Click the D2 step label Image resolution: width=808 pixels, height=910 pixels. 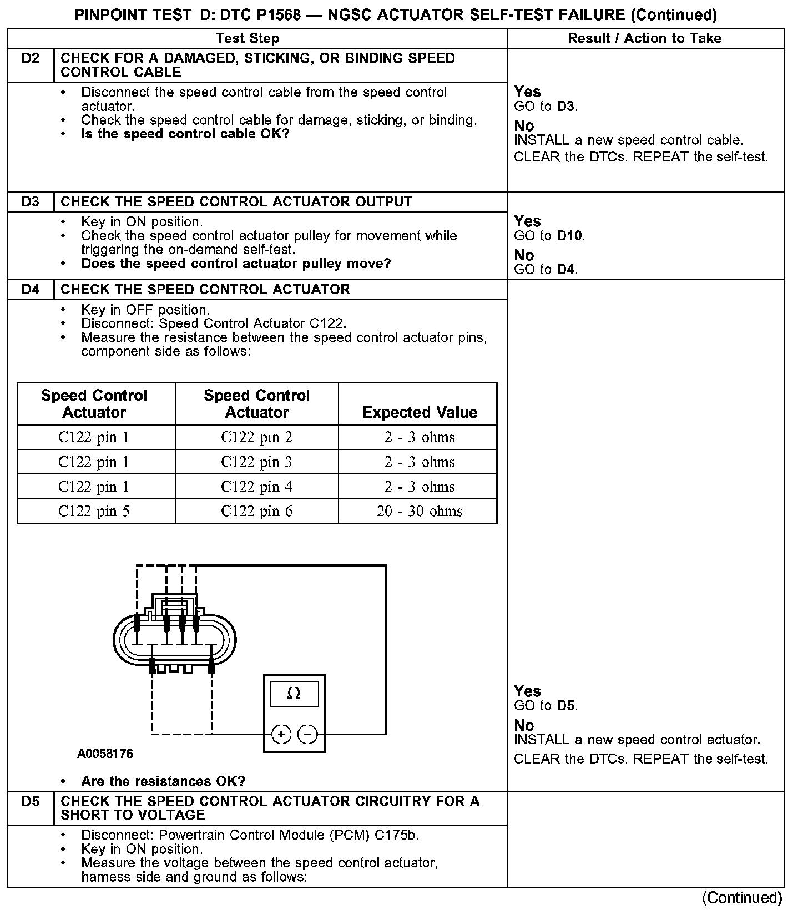[x=31, y=58]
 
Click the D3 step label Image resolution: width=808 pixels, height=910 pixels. [x=31, y=202]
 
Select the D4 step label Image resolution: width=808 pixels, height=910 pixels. [x=31, y=290]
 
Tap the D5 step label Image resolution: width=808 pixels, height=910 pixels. [x=31, y=801]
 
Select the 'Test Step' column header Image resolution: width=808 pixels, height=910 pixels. [x=248, y=38]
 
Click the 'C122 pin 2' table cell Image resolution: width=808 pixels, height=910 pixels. [x=256, y=437]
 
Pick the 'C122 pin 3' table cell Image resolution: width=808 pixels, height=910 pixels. [x=256, y=462]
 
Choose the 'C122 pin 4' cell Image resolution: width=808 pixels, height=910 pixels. [x=256, y=487]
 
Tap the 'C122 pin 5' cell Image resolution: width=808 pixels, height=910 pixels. [x=94, y=511]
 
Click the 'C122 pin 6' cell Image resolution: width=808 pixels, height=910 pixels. [x=256, y=511]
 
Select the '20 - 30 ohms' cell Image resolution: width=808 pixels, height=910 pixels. [x=420, y=511]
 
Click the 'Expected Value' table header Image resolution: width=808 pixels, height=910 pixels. [x=420, y=412]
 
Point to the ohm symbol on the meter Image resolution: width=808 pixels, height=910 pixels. [x=294, y=694]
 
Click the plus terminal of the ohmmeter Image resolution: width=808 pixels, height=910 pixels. [x=282, y=735]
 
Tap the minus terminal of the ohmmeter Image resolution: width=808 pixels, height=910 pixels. [x=308, y=735]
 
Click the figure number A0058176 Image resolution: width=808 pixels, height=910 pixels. [x=105, y=754]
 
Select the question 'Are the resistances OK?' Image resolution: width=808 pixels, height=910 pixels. [x=163, y=782]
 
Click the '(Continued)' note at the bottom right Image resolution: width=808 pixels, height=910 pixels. [x=742, y=898]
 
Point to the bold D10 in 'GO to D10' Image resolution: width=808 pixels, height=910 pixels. [x=570, y=236]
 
